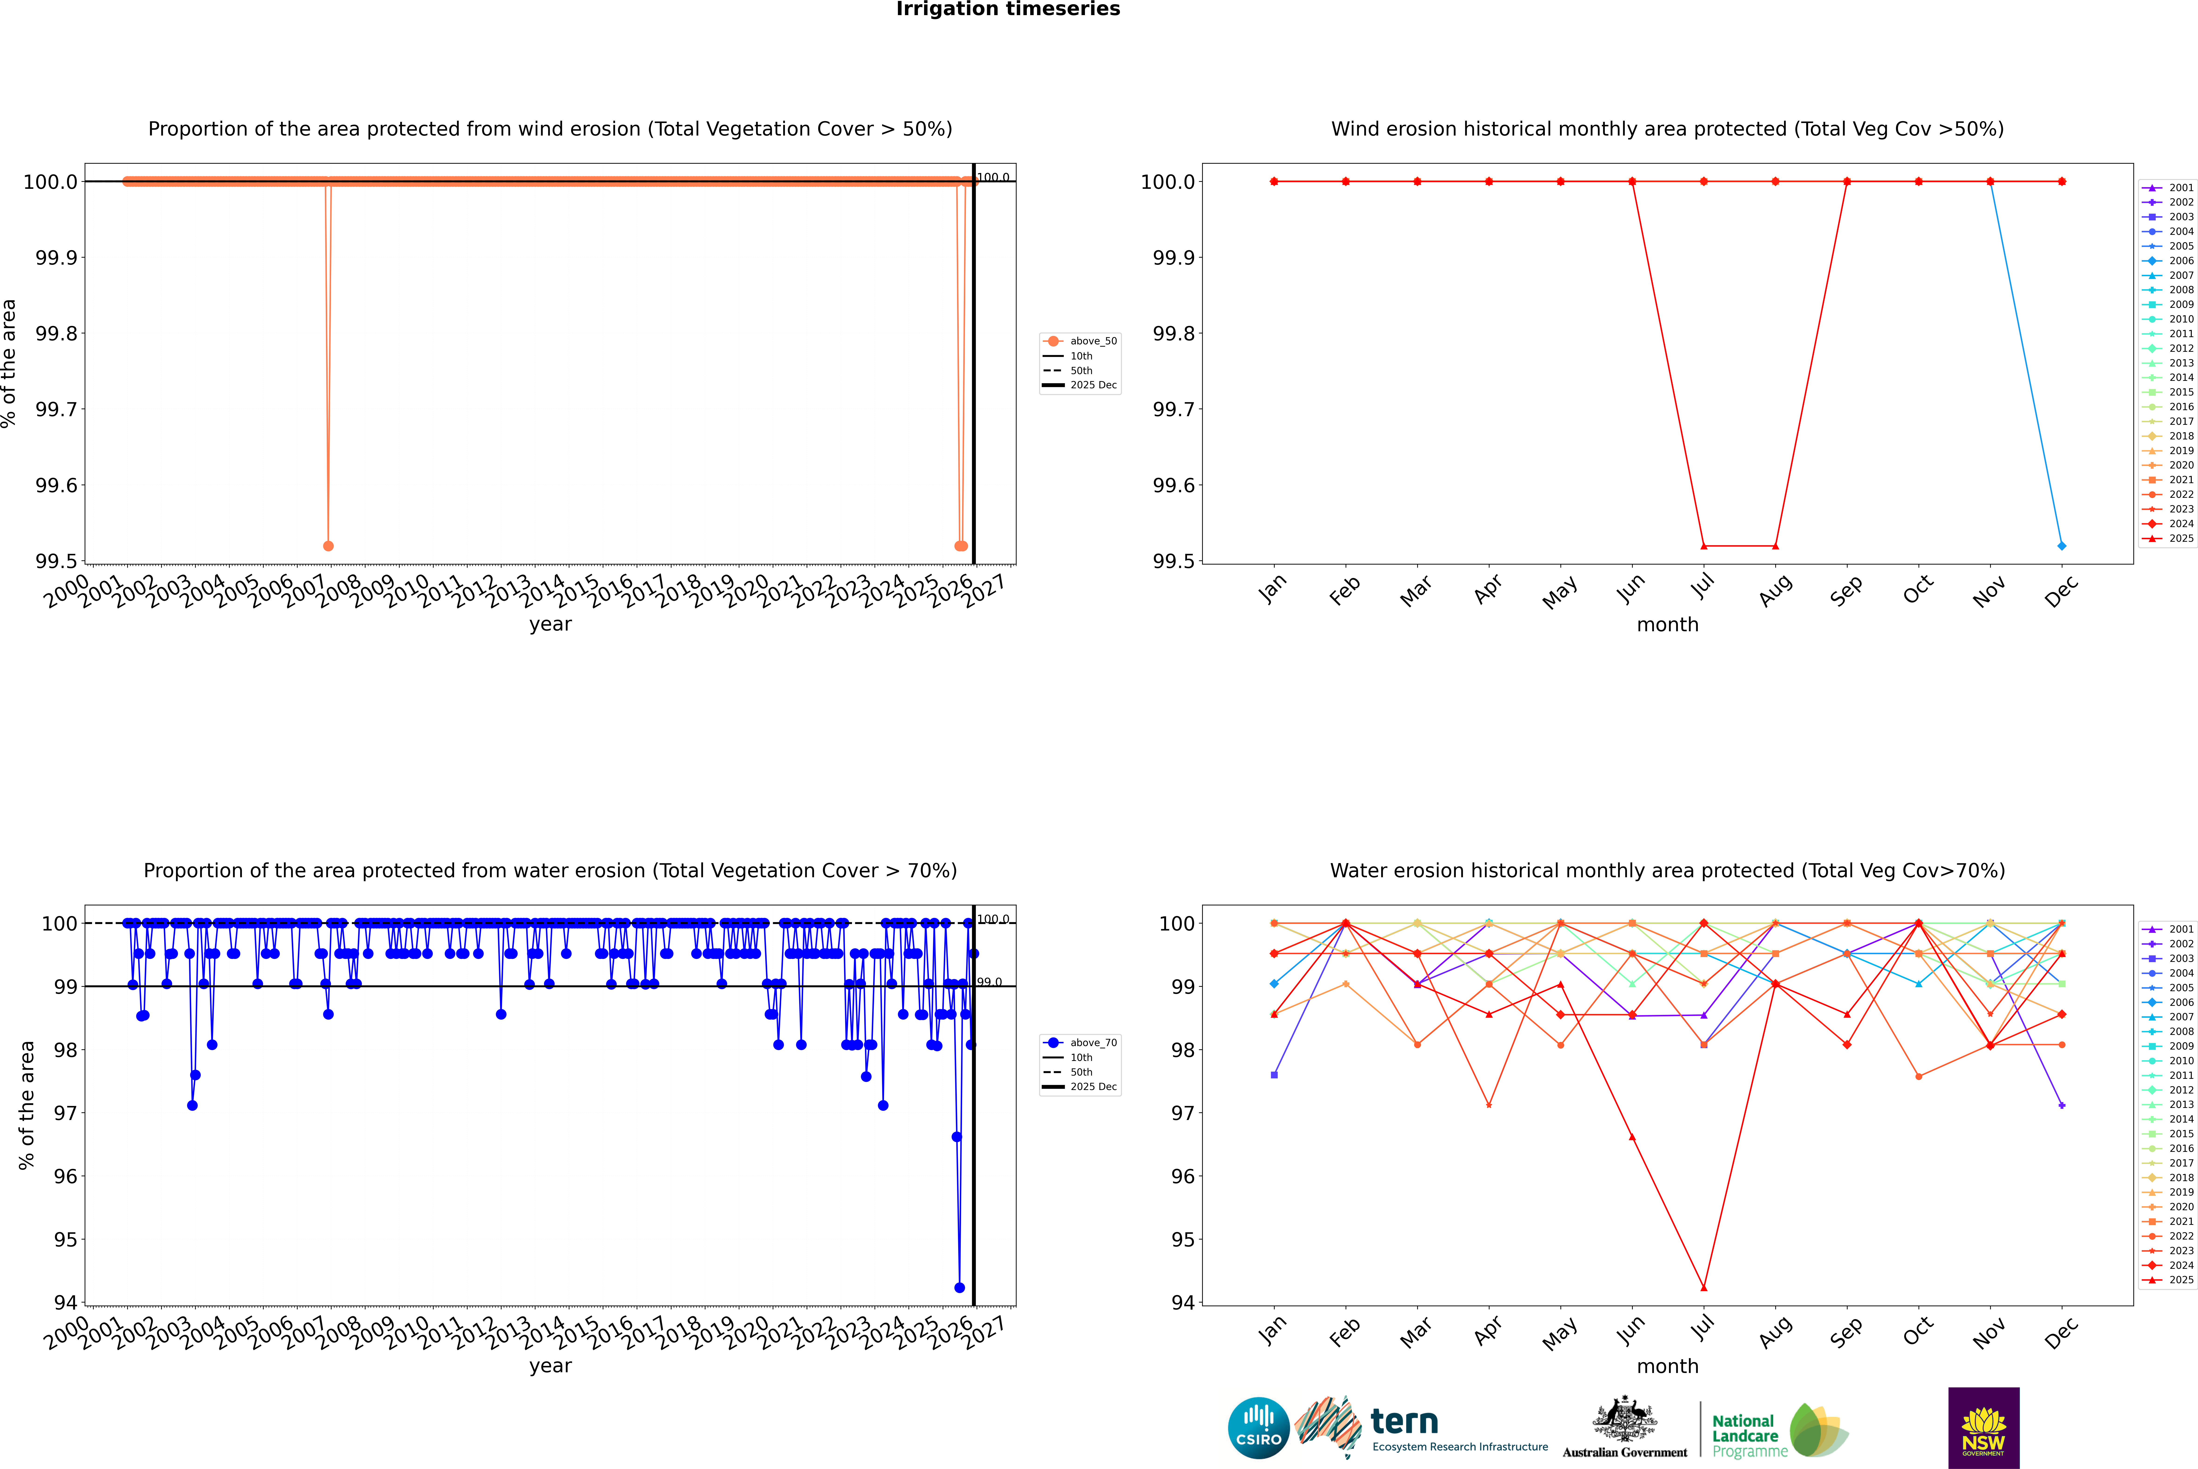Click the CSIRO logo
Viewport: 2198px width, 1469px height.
[x=1258, y=1428]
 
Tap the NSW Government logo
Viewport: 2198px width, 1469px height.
[x=1983, y=1428]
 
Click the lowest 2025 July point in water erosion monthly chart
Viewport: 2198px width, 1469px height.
[x=1703, y=1287]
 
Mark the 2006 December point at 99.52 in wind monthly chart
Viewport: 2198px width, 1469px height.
[x=2061, y=545]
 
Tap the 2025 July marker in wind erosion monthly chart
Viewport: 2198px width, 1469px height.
[x=1703, y=545]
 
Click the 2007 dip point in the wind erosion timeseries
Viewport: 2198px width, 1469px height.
[x=328, y=545]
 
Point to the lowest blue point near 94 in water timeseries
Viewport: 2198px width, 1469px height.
[x=958, y=1287]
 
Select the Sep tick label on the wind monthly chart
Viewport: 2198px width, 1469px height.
[x=1846, y=590]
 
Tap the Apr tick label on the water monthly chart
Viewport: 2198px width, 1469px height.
[x=1488, y=1330]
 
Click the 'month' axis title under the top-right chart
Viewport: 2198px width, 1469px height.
[x=1667, y=625]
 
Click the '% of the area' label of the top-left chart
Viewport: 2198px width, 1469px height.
[x=9, y=363]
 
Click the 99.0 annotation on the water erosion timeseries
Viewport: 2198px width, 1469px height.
[x=989, y=982]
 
